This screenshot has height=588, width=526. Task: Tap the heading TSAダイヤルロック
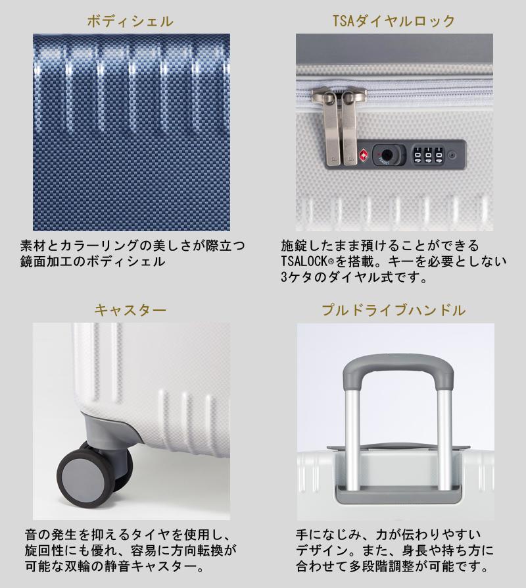(x=394, y=21)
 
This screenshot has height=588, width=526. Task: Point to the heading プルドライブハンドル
(x=394, y=309)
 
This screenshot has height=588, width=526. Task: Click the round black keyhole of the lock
(x=387, y=156)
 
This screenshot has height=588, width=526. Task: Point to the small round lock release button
(x=452, y=156)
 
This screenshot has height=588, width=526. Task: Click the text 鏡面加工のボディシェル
(x=92, y=261)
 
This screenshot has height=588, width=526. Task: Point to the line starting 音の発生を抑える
(x=129, y=533)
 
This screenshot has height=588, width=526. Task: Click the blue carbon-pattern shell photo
(x=131, y=132)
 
